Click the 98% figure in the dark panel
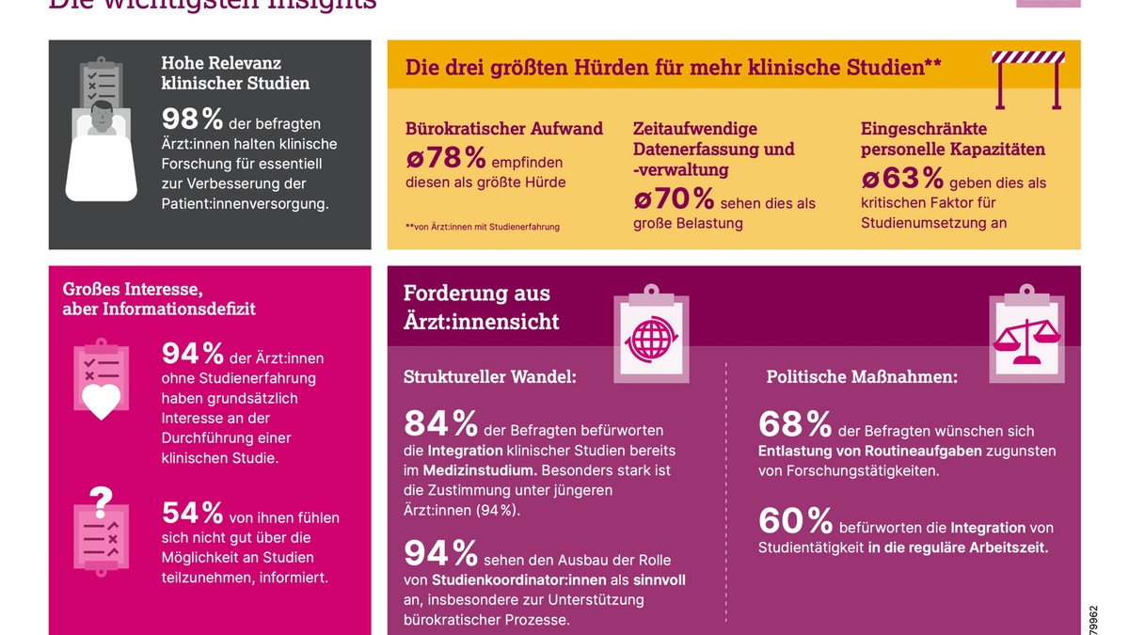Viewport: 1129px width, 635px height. pyautogui.click(x=192, y=119)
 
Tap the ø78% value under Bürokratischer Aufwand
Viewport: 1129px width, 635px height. pyautogui.click(x=447, y=158)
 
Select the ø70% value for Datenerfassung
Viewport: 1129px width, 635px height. pyautogui.click(x=674, y=198)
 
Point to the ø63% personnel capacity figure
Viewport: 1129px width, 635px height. pyautogui.click(x=902, y=178)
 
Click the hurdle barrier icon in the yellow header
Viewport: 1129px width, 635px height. pyautogui.click(x=1027, y=79)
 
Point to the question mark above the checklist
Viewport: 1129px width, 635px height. pyautogui.click(x=101, y=497)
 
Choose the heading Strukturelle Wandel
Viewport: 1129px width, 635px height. pyautogui.click(x=489, y=377)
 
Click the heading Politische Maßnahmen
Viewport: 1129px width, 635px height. pyautogui.click(x=862, y=377)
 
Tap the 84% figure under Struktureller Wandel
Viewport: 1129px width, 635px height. pyautogui.click(x=440, y=424)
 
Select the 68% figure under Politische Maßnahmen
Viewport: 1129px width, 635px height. pyautogui.click(x=794, y=424)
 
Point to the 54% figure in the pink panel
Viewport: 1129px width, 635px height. pyautogui.click(x=192, y=513)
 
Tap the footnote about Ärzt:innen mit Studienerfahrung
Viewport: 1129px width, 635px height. pyautogui.click(x=482, y=227)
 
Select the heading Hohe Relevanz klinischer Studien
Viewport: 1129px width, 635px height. pyautogui.click(x=235, y=72)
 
